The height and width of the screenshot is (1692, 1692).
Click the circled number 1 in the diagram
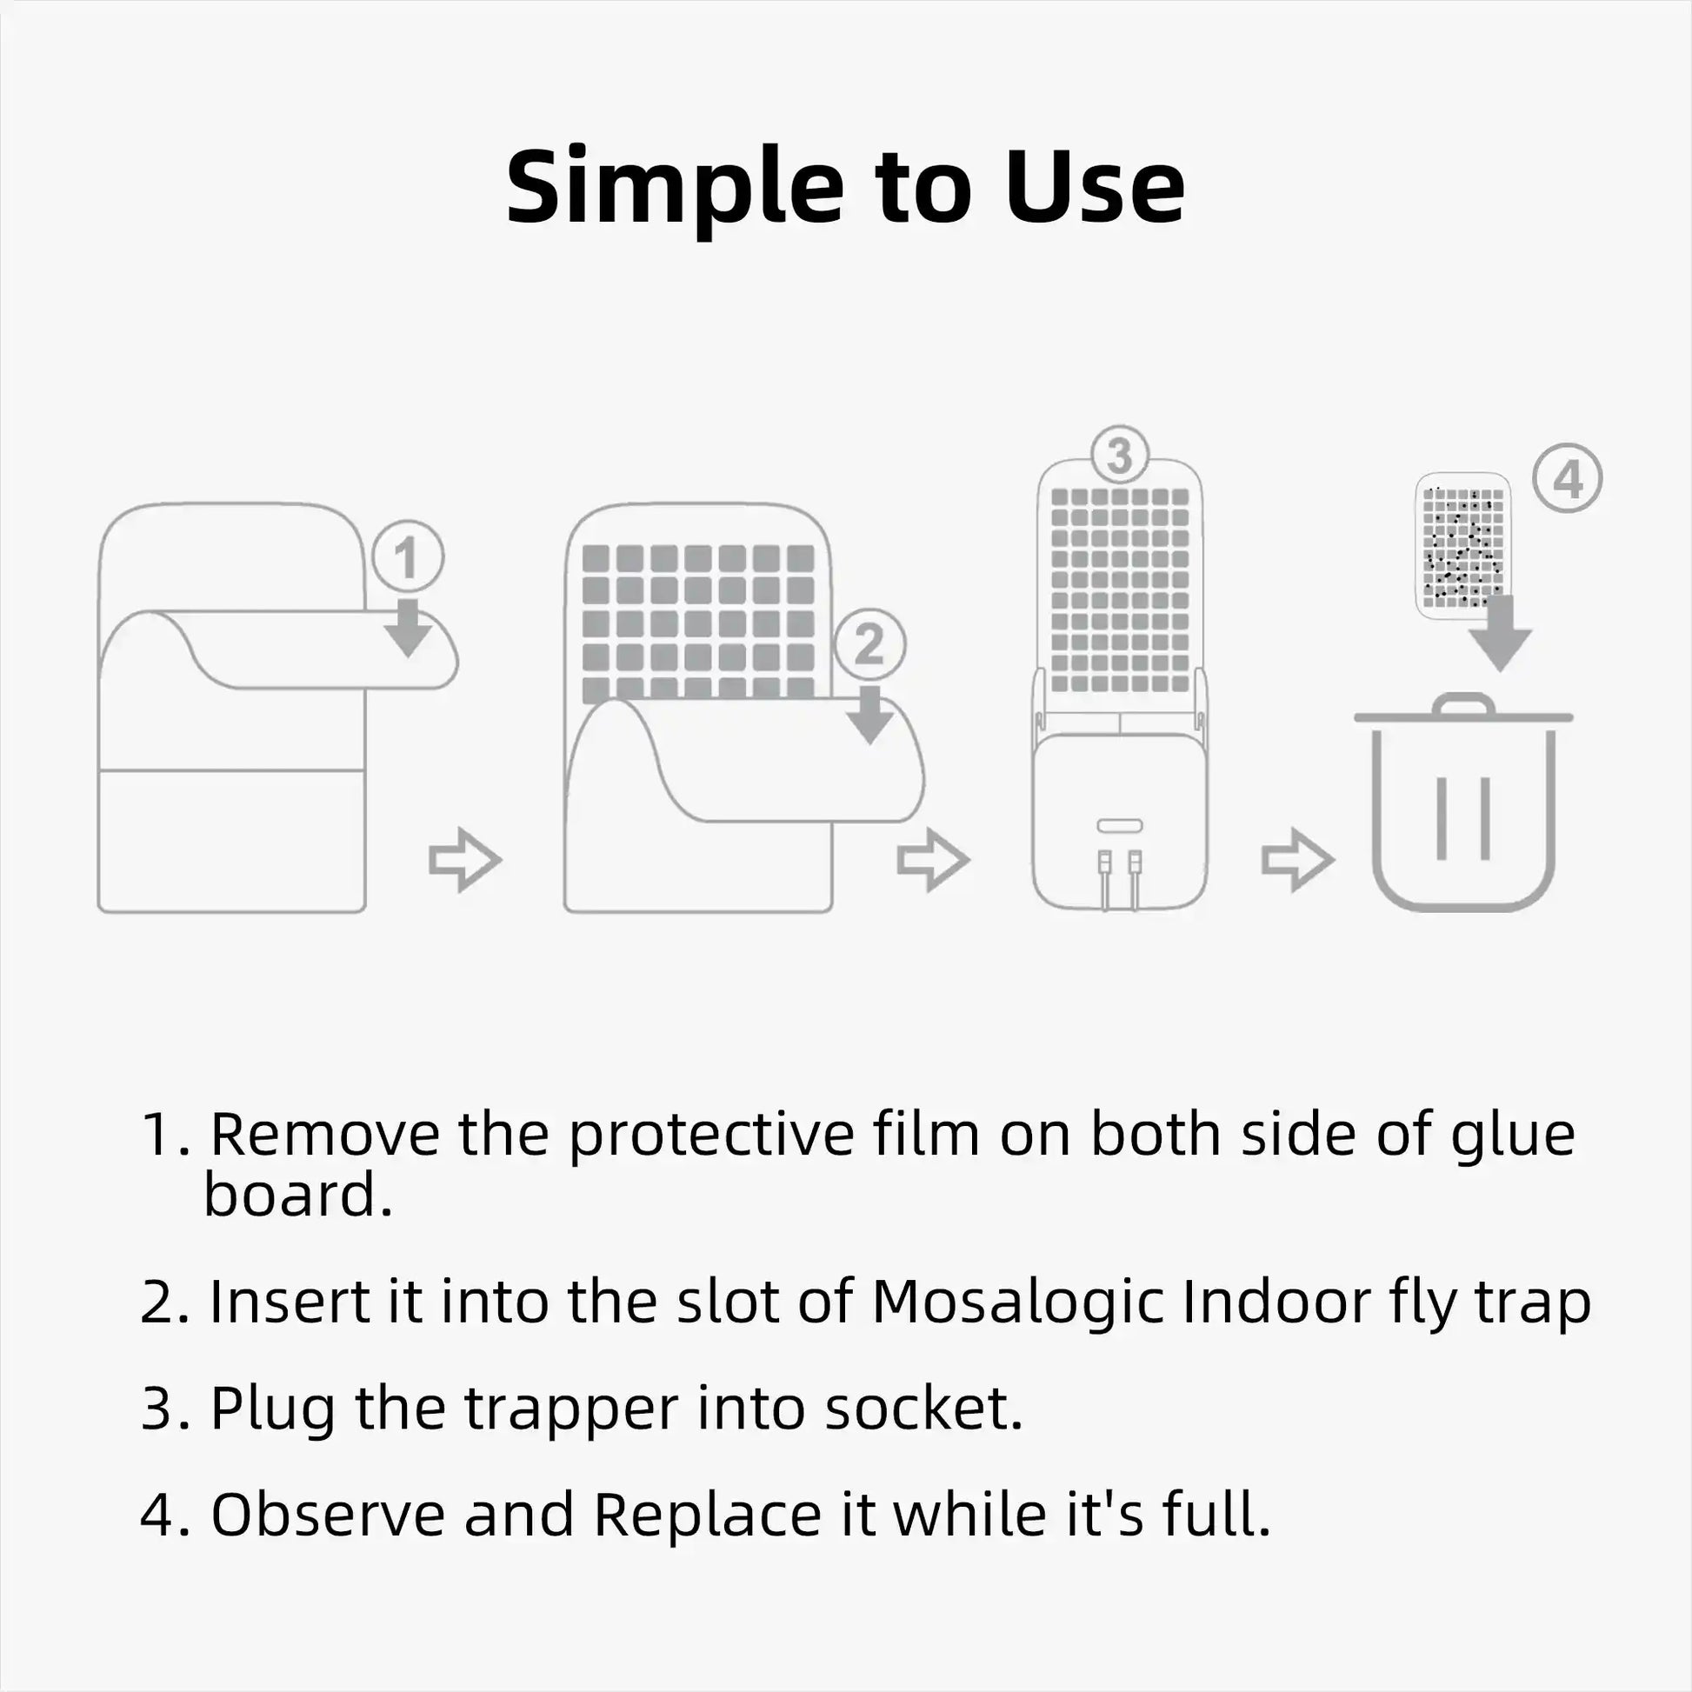407,557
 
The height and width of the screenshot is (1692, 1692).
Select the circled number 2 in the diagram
869,644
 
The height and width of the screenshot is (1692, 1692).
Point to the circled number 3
1119,456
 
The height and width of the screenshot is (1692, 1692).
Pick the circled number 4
1567,479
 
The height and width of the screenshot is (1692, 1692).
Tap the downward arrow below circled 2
869,714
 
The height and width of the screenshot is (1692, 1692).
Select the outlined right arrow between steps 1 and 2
464,860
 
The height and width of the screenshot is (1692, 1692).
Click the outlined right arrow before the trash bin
1297,860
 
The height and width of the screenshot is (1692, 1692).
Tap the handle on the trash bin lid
1462,704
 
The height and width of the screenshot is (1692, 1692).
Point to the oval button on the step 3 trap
1119,826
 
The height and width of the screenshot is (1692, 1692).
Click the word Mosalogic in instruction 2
1016,1302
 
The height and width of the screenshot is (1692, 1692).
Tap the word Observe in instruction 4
328,1515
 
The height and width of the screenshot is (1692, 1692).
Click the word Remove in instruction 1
324,1135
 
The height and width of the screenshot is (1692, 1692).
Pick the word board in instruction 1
297,1195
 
